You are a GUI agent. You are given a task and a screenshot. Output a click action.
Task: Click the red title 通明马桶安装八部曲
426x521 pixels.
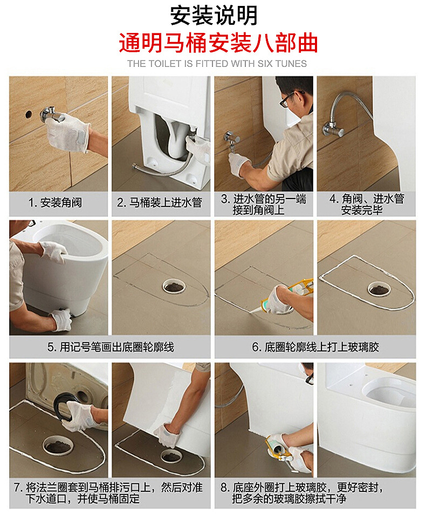tap(218, 43)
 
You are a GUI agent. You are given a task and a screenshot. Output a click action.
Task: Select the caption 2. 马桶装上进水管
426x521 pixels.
tap(160, 203)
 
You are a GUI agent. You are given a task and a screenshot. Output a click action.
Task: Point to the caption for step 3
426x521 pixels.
tap(263, 204)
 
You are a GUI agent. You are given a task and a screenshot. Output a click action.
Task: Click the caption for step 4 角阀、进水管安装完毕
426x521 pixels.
tap(367, 204)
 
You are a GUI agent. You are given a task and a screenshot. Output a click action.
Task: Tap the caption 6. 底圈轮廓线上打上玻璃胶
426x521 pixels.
tap(315, 347)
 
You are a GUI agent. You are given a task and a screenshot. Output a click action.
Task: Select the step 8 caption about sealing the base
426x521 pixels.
tap(315, 493)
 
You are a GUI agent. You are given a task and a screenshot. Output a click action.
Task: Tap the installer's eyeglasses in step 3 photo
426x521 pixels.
tap(287, 99)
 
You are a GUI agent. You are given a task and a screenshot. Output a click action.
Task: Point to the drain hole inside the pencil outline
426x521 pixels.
tap(174, 286)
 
